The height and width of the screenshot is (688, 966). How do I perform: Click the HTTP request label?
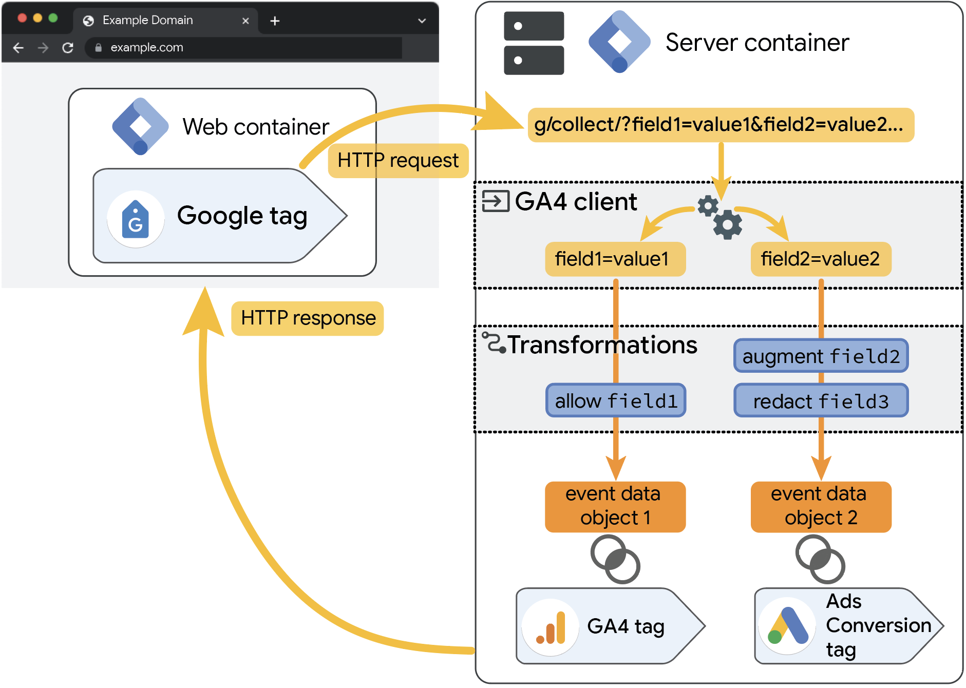tap(397, 161)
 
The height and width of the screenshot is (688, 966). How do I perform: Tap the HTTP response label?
tap(308, 318)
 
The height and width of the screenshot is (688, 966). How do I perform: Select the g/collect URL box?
tap(720, 125)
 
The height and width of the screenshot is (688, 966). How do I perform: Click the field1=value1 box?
tap(615, 259)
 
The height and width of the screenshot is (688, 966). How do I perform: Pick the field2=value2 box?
tap(820, 259)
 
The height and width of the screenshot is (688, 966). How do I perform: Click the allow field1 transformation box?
tap(616, 400)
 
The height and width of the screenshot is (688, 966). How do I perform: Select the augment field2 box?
tap(821, 356)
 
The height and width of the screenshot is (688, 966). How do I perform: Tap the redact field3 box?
tap(821, 401)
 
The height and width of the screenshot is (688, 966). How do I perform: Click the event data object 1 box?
tap(615, 506)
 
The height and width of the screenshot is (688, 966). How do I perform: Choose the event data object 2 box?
tap(820, 506)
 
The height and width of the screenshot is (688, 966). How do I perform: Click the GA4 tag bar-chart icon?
tap(551, 627)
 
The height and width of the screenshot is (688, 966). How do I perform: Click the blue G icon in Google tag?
tap(136, 220)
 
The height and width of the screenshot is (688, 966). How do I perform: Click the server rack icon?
tap(534, 43)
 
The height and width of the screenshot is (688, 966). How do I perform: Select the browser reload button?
tap(68, 48)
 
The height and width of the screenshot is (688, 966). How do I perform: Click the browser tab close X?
tap(245, 21)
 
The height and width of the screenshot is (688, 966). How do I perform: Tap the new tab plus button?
tap(275, 21)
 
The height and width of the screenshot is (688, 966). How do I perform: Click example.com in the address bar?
tap(147, 48)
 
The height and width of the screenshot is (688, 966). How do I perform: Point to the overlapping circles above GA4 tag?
tap(615, 559)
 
